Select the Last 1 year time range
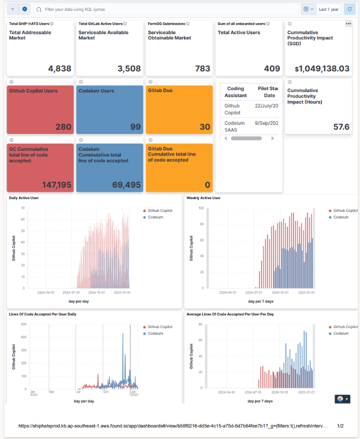pos(328,9)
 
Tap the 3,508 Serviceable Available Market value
pos(129,69)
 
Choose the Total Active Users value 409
pos(272,69)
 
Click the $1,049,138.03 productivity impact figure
pos(322,69)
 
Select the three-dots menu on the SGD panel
pos(348,24)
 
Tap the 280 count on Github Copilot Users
pos(63,126)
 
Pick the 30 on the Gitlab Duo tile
pos(204,126)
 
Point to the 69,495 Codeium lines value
pos(125,185)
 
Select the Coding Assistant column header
pos(236,92)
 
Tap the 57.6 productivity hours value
pos(341,126)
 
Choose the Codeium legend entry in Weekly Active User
pos(341,217)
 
